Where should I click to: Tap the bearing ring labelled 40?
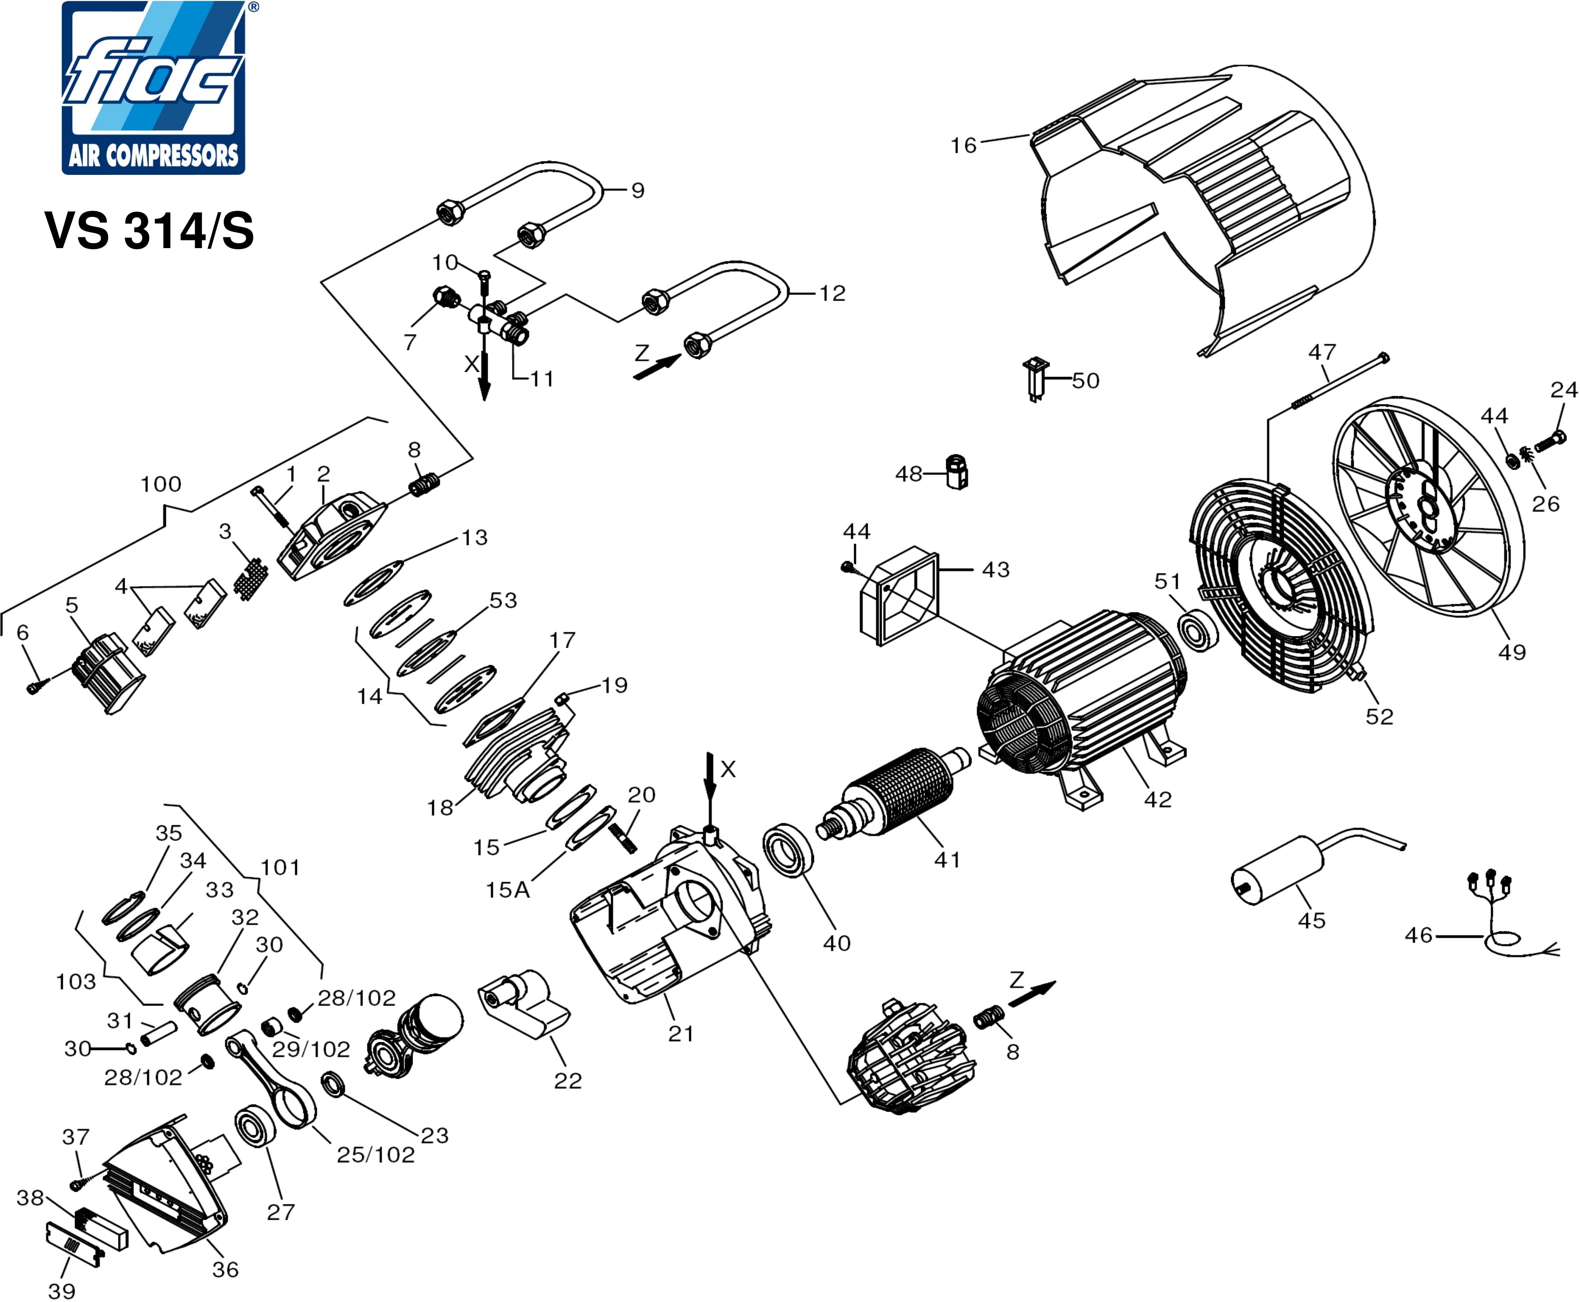pyautogui.click(x=788, y=851)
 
